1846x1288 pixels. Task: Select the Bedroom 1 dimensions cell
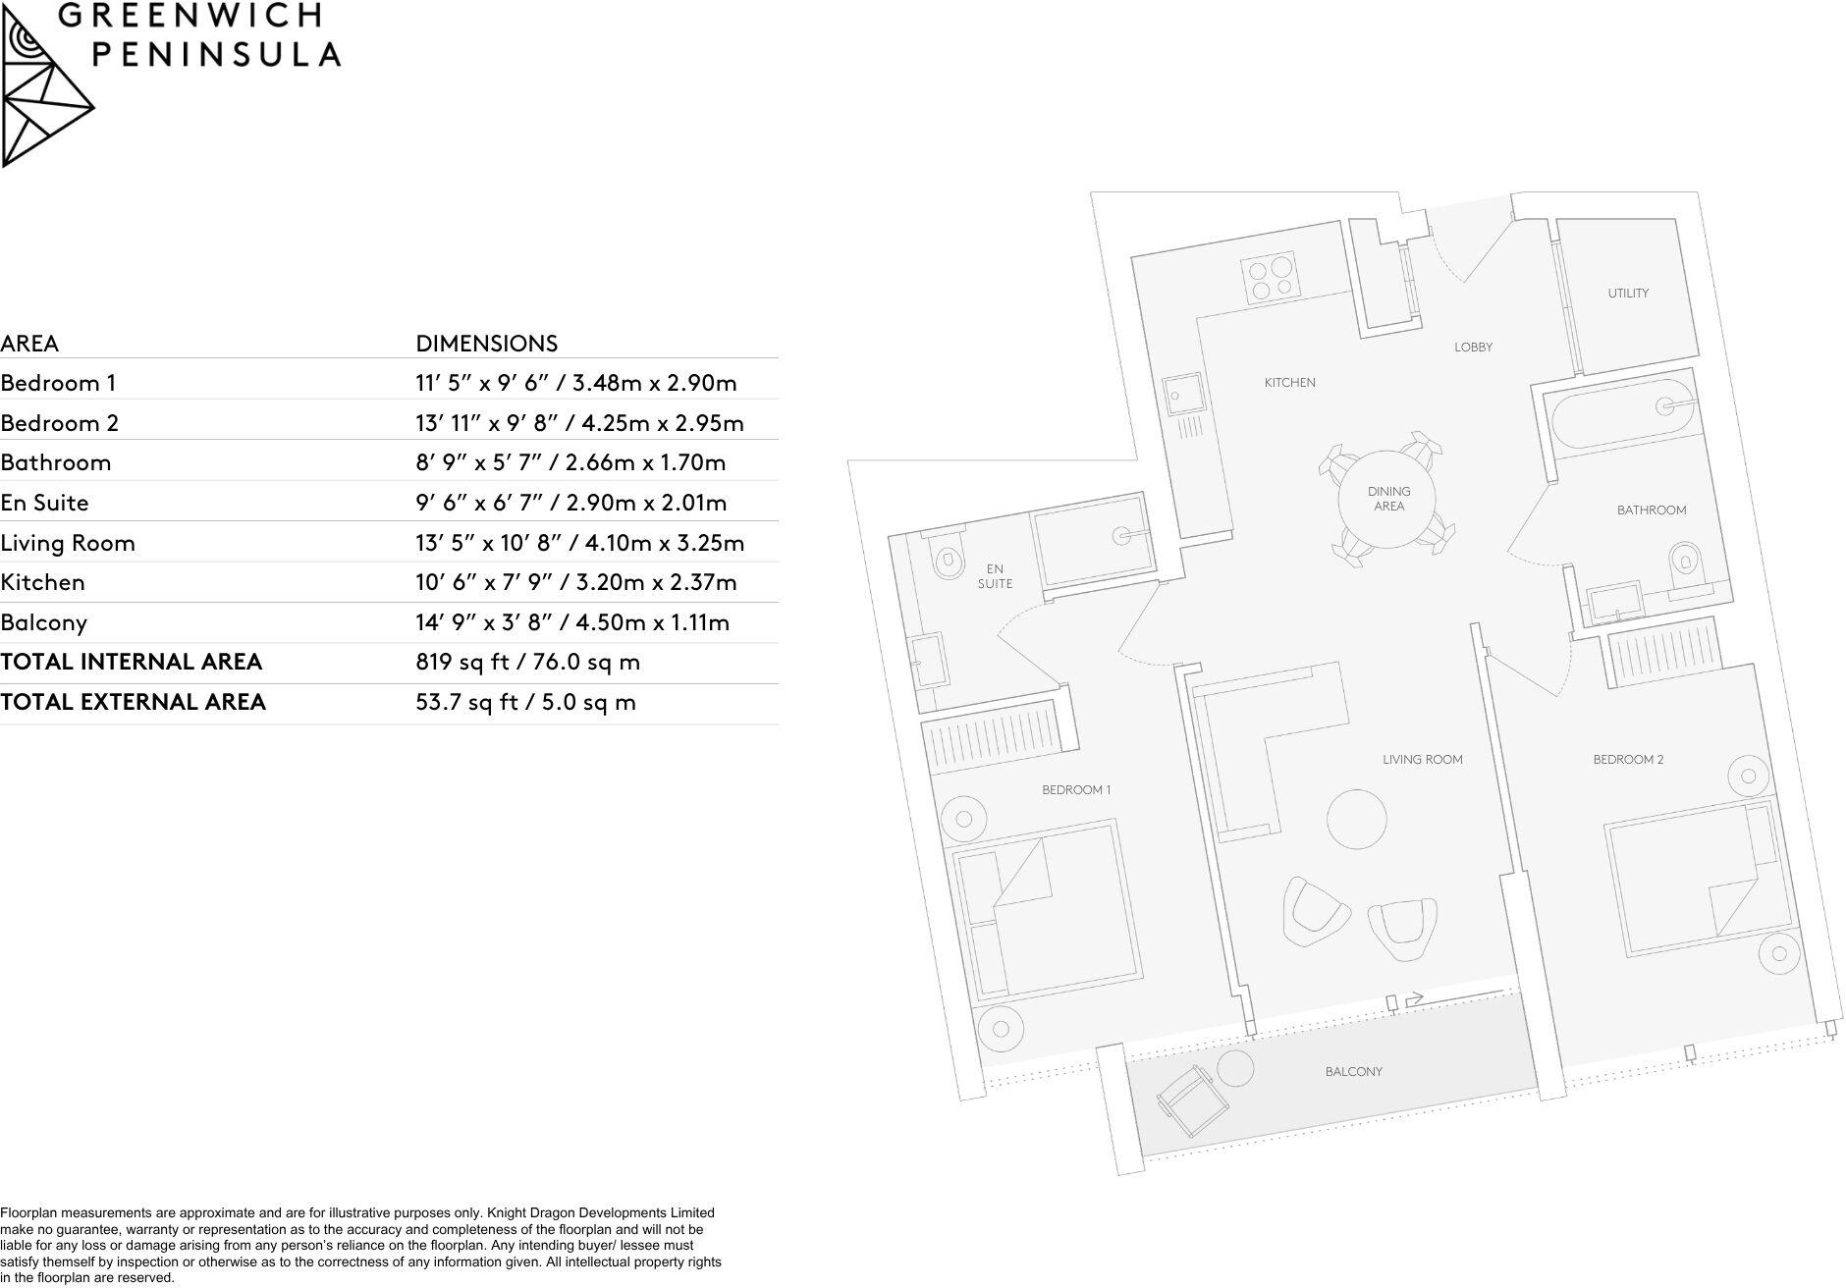[x=575, y=383]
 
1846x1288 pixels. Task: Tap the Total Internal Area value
[x=527, y=663]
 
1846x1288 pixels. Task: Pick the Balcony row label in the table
[x=44, y=622]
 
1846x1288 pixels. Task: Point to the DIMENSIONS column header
[x=486, y=344]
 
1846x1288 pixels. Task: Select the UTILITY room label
[x=1628, y=294]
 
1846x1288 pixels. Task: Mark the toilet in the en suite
[x=947, y=562]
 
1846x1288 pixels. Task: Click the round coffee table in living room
[x=1357, y=819]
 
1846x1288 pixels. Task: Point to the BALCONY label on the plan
[x=1353, y=1072]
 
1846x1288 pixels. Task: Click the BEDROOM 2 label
[x=1628, y=760]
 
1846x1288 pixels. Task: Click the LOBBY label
[x=1473, y=348]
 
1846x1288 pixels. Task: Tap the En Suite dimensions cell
[x=570, y=503]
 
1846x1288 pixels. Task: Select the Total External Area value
[x=525, y=703]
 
